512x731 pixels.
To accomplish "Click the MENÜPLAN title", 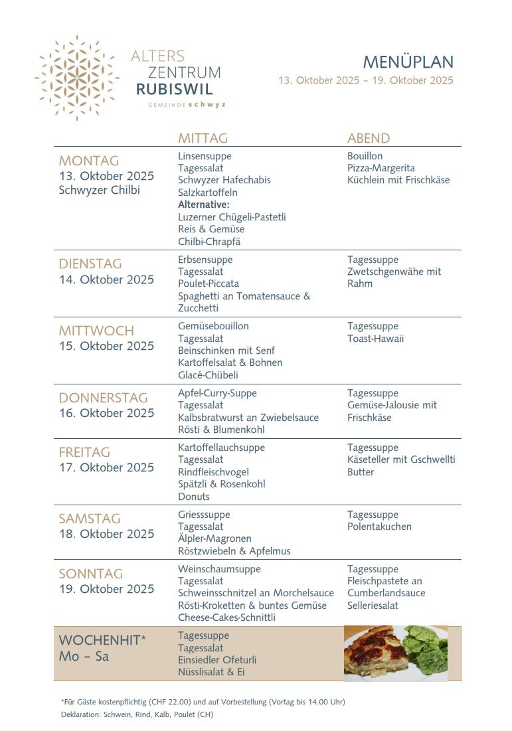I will coord(408,62).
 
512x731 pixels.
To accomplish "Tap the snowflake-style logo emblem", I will coord(77,78).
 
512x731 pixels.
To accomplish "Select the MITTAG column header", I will coord(203,138).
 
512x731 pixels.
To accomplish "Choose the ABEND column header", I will coord(369,138).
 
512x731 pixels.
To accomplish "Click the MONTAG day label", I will coord(89,161).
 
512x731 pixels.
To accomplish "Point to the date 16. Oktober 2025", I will coord(106,413).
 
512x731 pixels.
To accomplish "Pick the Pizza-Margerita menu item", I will coord(381,168).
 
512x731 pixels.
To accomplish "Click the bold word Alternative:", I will coord(204,204).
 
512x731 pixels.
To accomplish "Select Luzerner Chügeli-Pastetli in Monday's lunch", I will coord(232,217).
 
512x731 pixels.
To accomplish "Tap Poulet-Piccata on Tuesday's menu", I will coord(209,284).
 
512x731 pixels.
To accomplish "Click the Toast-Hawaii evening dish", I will coord(375,339).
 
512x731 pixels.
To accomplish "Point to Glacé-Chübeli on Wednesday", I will coord(208,375).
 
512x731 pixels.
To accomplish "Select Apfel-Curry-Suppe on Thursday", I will coord(217,393).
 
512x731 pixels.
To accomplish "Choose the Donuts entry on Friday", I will coord(194,497).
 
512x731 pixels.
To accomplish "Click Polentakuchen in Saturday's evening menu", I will coord(379,527).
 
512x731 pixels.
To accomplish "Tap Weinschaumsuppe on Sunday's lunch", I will coord(219,569).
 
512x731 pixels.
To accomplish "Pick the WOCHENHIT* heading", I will coord(102,640).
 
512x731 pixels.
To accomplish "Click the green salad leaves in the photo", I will coord(425,648).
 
